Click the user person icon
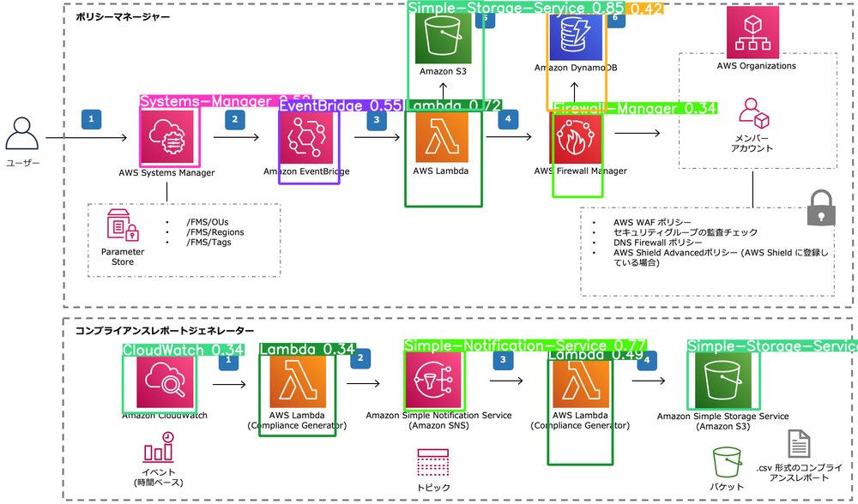21,136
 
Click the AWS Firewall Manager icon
577,136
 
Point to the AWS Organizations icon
753,33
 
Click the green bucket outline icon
726,464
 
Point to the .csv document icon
798,444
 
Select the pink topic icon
432,464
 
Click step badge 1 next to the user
91,119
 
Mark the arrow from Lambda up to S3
441,92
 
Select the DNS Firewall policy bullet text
652,243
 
